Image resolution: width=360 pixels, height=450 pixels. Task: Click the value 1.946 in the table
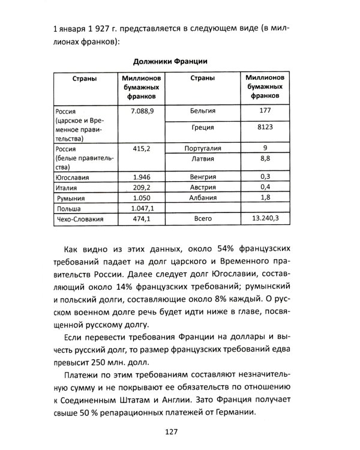click(139, 176)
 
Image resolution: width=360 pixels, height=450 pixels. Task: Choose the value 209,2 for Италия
click(139, 187)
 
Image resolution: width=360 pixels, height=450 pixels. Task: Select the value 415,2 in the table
click(139, 148)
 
